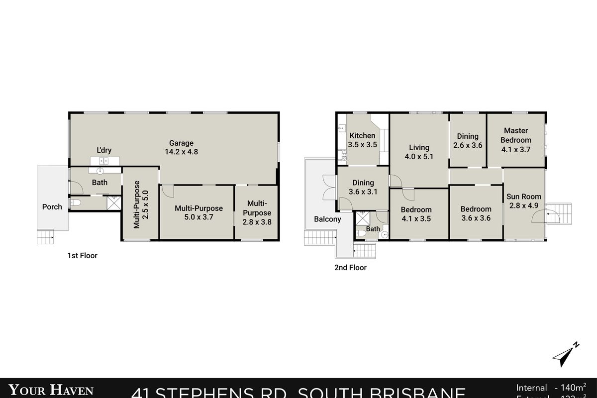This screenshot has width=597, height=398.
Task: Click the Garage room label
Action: [x=181, y=143]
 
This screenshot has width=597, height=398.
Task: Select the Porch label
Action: [x=52, y=207]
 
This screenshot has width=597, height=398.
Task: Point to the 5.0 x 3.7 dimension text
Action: [x=199, y=217]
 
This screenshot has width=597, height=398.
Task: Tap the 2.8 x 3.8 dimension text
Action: [x=257, y=222]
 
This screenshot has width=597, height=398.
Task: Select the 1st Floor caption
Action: [x=82, y=256]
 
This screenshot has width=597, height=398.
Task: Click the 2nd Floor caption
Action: [x=350, y=268]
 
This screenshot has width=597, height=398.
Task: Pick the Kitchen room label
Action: [x=362, y=136]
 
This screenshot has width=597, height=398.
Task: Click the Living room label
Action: [x=419, y=148]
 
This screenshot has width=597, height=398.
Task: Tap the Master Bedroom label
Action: [x=516, y=135]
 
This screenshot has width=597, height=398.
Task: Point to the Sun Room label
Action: [x=524, y=197]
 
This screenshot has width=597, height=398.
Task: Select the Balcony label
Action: [x=327, y=219]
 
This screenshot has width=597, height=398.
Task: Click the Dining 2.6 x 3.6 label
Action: [x=468, y=136]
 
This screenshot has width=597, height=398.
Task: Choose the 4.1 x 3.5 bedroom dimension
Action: [x=416, y=218]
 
